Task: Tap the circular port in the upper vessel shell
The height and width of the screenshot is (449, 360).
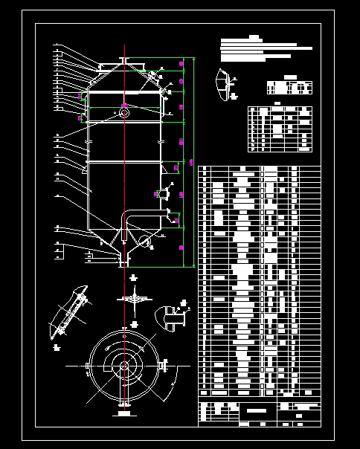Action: click(123, 113)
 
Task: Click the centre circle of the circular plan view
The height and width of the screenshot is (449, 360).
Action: click(123, 366)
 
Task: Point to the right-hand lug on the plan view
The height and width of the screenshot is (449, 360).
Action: click(163, 366)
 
